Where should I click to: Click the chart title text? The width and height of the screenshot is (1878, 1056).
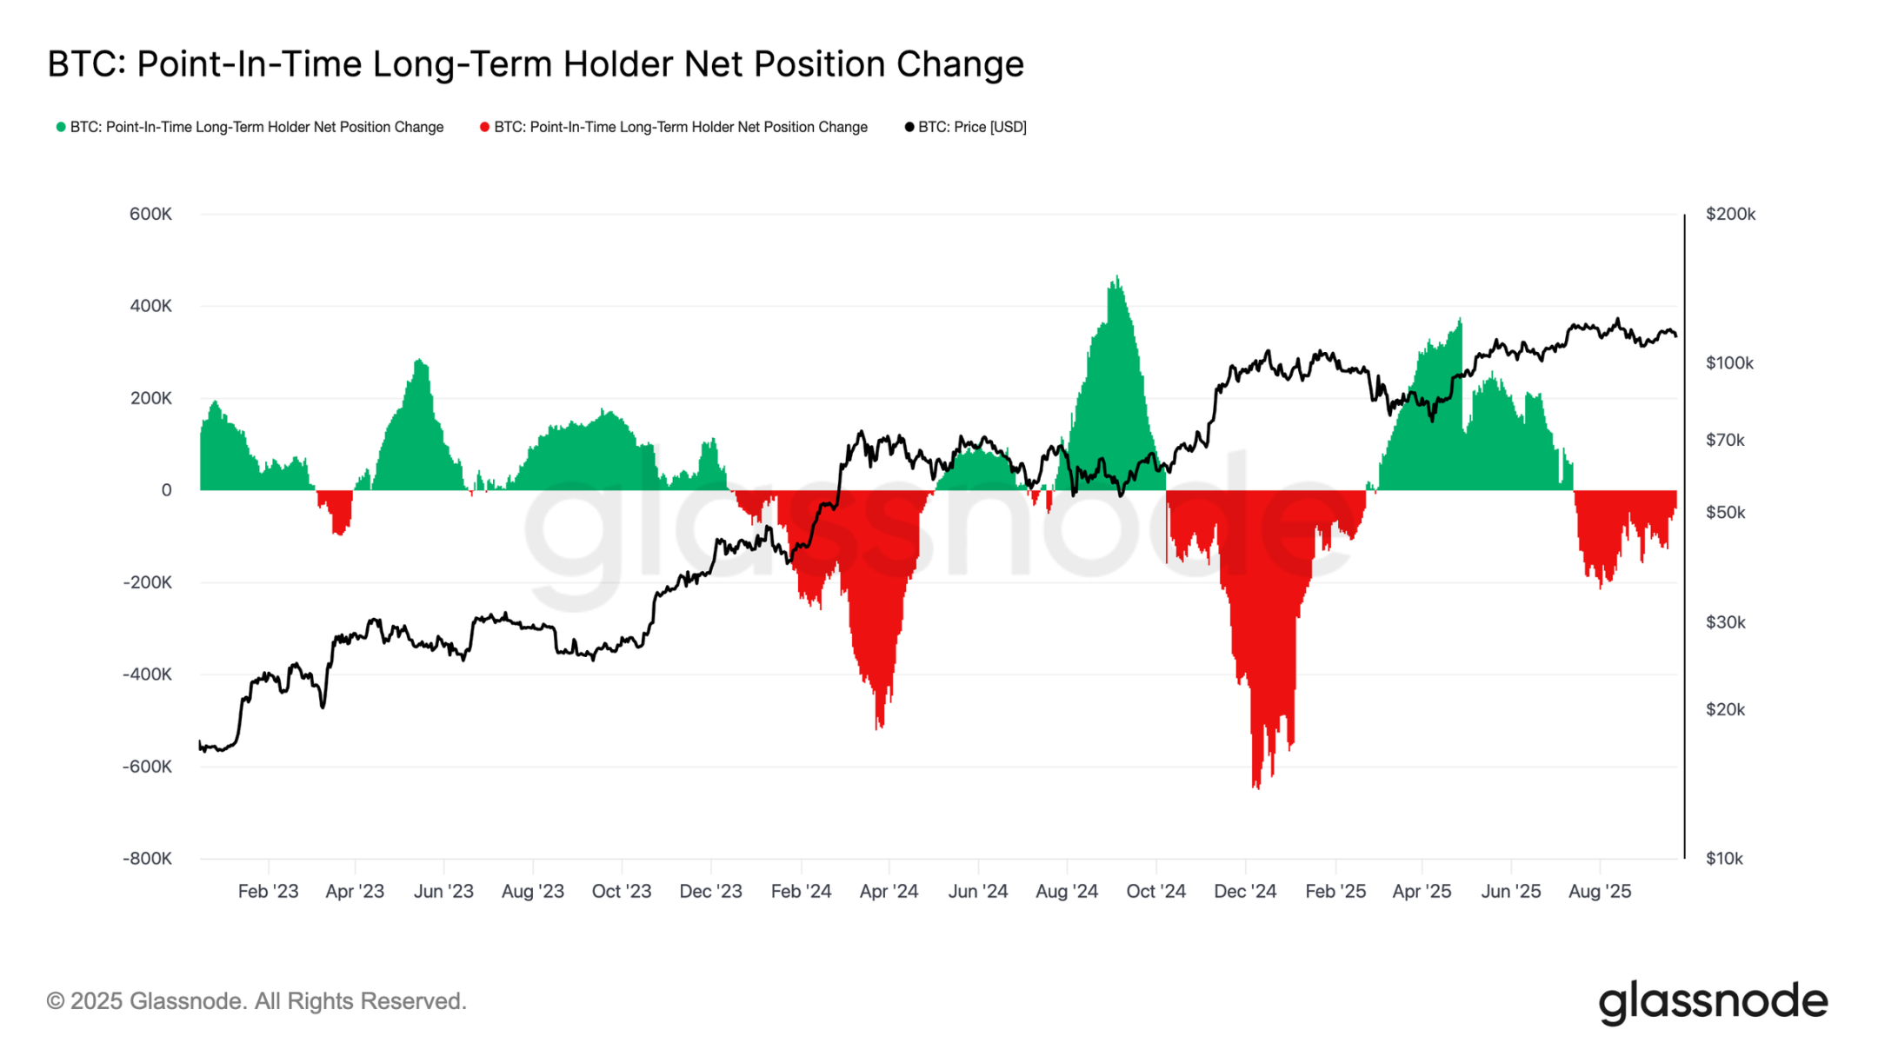click(535, 64)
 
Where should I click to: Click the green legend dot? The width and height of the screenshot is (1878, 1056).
click(61, 127)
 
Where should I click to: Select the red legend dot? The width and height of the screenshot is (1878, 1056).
click(484, 127)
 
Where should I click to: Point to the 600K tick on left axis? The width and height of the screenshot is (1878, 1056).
click(150, 214)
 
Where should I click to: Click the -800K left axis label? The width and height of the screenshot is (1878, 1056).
click(147, 859)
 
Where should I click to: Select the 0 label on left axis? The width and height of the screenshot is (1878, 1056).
click(166, 490)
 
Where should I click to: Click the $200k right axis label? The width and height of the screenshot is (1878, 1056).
click(1730, 214)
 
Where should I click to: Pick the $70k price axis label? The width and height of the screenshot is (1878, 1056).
click(1725, 440)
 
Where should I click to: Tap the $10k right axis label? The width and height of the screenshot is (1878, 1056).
click(1724, 859)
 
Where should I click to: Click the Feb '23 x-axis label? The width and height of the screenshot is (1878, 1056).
click(268, 891)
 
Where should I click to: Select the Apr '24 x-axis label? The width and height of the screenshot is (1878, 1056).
click(889, 891)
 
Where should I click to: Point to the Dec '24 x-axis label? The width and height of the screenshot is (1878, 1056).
click(1245, 891)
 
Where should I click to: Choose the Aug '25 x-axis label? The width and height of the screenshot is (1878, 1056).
click(1600, 891)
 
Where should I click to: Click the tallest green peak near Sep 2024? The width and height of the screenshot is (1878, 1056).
click(1117, 280)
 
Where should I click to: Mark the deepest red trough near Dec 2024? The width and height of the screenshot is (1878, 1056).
click(1256, 785)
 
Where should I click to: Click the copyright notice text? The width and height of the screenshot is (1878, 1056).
click(256, 1001)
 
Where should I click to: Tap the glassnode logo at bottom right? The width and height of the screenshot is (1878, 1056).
click(1713, 1002)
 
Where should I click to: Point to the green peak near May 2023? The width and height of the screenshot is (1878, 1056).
click(419, 362)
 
